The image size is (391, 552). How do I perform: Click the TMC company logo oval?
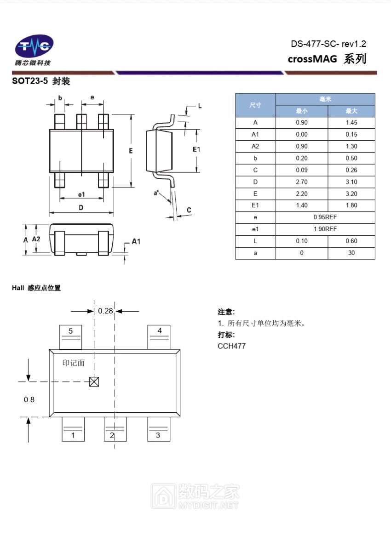pos(34,46)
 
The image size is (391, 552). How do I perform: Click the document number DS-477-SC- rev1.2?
pos(328,44)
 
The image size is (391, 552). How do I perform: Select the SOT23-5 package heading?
pos(41,81)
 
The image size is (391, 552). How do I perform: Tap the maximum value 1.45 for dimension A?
pos(351,122)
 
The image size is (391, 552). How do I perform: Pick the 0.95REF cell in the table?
pos(325,217)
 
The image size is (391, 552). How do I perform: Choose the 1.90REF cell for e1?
pos(325,229)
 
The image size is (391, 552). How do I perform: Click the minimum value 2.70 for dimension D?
pos(302,182)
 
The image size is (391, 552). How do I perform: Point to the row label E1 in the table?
pos(255,205)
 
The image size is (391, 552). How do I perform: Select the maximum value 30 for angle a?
pos(351,253)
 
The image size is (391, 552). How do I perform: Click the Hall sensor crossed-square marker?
pos(94,382)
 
